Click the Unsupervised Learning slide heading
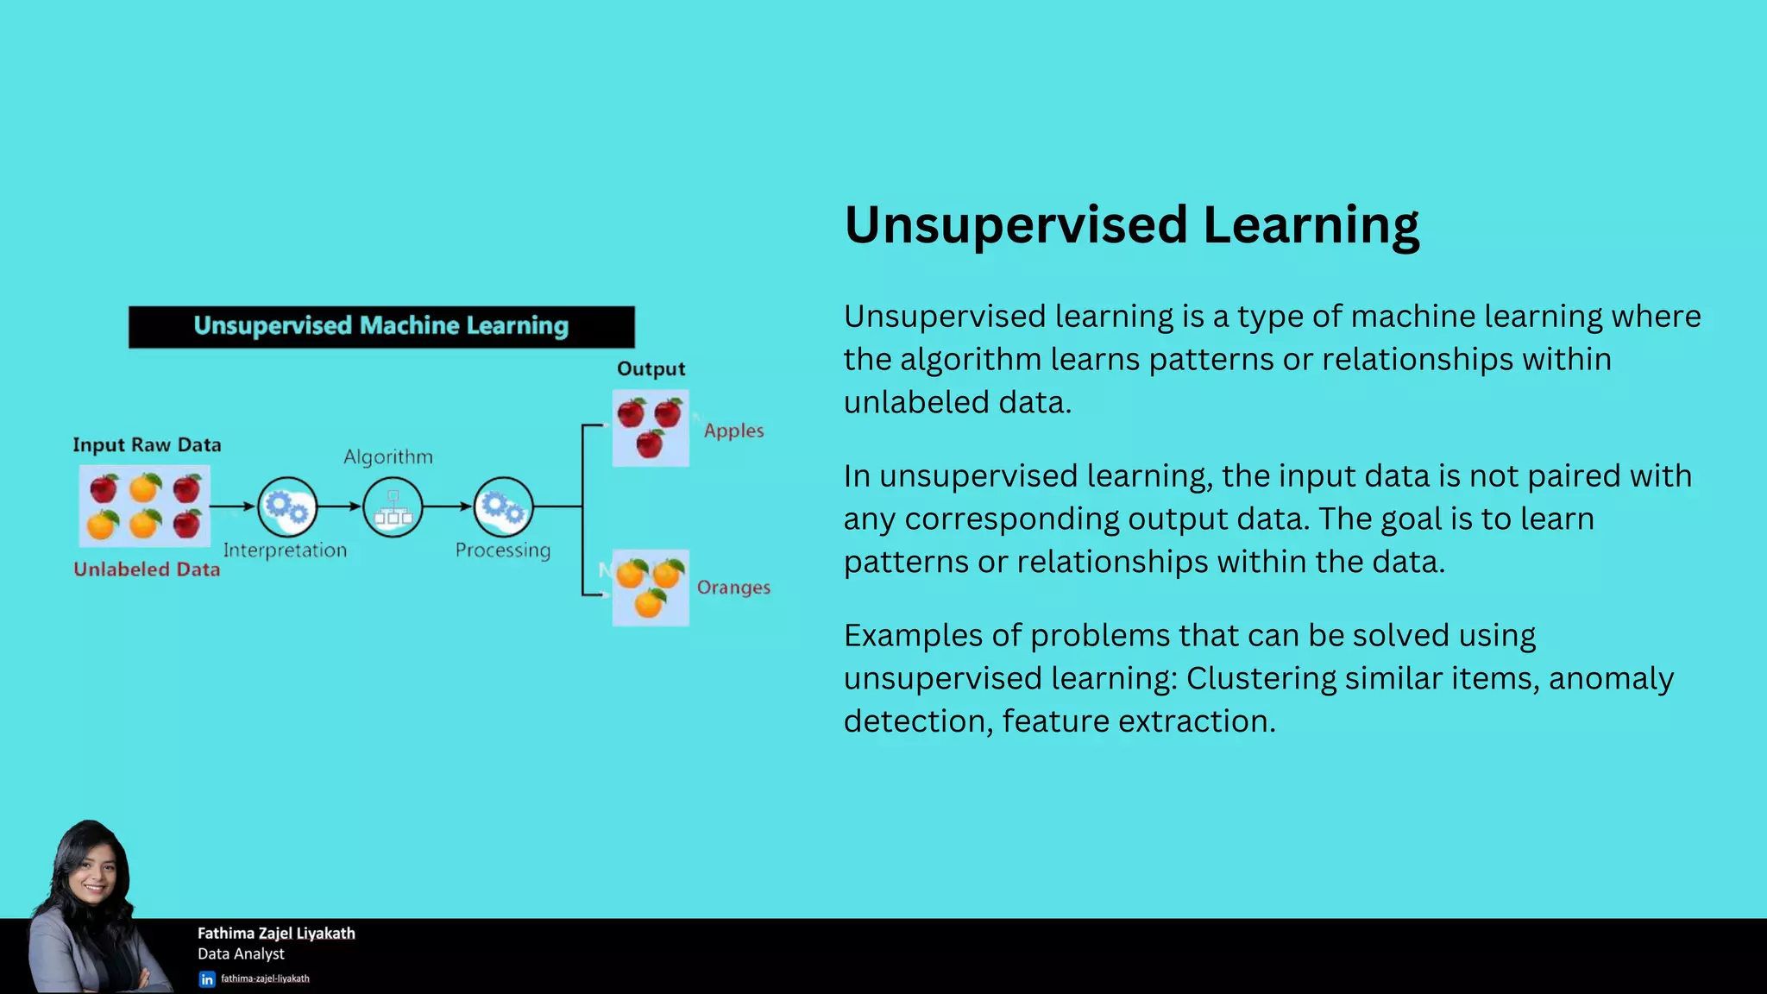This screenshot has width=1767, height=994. click(x=1130, y=226)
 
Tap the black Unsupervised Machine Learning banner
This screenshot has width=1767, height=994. click(x=381, y=327)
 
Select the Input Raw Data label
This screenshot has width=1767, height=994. click(x=147, y=445)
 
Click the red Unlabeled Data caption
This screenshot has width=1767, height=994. click(x=147, y=569)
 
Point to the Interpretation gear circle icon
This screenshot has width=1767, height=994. click(x=287, y=507)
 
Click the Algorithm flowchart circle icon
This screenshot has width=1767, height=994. click(x=393, y=507)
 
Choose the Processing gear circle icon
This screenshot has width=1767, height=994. click(x=503, y=507)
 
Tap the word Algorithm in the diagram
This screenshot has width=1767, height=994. click(x=388, y=457)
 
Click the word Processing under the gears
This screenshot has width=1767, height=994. click(x=503, y=550)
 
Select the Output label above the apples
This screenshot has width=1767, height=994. click(x=651, y=369)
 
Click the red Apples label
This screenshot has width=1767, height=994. click(x=733, y=431)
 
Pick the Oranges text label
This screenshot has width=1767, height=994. click(x=733, y=588)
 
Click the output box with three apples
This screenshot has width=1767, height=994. click(x=651, y=428)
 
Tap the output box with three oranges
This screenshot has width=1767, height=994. click(x=651, y=588)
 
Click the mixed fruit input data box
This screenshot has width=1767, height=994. click(x=145, y=506)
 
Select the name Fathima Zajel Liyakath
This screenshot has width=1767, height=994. click(x=276, y=934)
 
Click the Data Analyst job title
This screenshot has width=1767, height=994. click(x=241, y=954)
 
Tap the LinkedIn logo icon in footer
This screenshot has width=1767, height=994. click(x=207, y=979)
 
